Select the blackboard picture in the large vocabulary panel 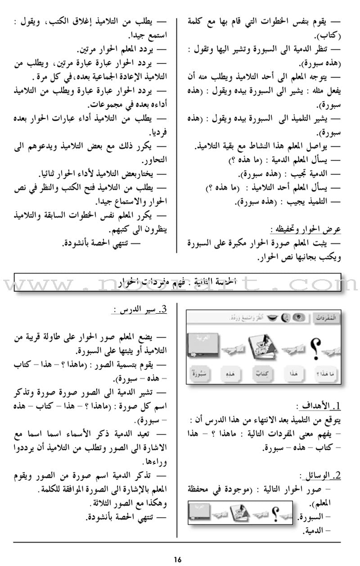pos(203,344)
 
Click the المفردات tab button pos(327,317)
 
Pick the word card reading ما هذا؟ pos(324,373)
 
